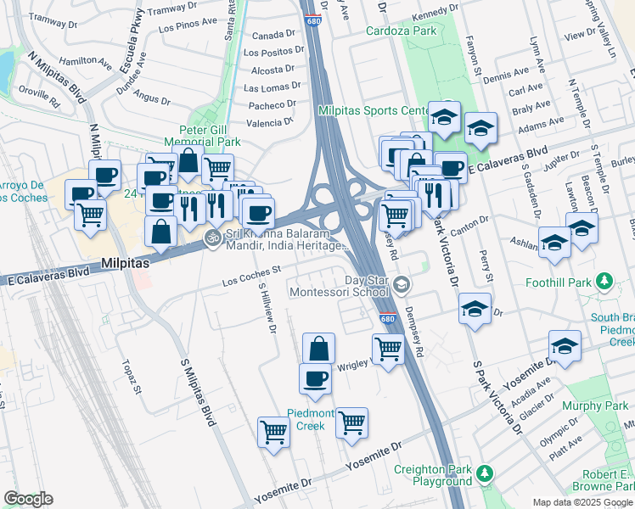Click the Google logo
tap(27, 499)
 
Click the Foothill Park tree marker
tap(604, 280)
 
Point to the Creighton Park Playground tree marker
tap(484, 473)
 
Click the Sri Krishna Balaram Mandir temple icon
tap(213, 237)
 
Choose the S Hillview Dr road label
tap(268, 310)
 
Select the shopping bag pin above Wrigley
tap(318, 348)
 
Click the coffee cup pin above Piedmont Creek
tap(315, 378)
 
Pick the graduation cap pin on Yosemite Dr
tap(565, 345)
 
